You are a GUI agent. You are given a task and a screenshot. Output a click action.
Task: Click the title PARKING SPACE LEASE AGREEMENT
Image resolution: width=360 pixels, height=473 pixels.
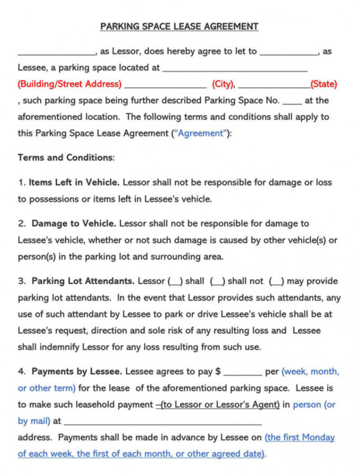point(179,26)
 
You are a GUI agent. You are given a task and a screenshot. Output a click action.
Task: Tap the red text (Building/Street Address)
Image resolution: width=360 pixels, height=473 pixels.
point(69,84)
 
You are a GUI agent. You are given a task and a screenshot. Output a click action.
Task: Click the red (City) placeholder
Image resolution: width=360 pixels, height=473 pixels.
point(223,84)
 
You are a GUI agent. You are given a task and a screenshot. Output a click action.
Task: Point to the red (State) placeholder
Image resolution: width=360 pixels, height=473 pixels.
point(324,84)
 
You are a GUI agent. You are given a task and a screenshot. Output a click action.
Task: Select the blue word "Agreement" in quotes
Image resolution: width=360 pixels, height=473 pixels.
point(201,133)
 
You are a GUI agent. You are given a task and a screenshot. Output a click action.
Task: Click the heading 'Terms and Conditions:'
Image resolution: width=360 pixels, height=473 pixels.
point(66,158)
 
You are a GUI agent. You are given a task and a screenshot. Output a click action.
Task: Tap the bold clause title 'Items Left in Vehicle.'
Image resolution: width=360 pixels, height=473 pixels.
point(74,182)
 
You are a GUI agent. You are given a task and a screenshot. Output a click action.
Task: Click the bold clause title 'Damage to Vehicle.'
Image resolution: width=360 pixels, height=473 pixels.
point(74,223)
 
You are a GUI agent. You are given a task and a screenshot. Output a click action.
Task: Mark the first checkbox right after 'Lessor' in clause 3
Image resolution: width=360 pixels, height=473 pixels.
point(176,282)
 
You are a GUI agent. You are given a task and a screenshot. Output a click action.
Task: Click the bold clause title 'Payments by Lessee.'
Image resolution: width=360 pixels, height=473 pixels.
point(77,372)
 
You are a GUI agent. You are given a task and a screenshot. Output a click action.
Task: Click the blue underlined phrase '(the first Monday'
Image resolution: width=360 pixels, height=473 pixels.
point(300,437)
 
